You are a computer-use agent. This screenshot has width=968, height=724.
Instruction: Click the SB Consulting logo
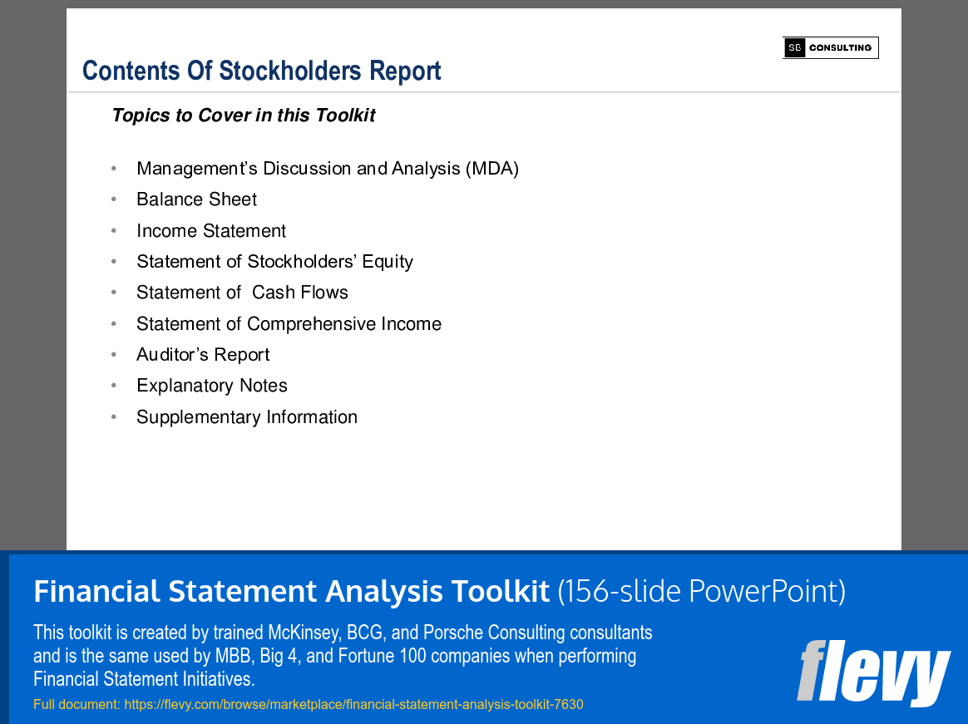[830, 48]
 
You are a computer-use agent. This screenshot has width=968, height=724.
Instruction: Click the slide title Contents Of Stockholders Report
[261, 71]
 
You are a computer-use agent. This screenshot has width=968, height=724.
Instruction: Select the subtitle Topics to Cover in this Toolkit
[243, 116]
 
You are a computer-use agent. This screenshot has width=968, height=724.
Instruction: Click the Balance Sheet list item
[196, 199]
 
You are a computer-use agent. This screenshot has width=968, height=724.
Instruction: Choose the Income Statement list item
[211, 231]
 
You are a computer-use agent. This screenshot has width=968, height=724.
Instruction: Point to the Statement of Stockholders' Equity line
[274, 262]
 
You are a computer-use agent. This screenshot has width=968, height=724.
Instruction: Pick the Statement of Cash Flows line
[242, 293]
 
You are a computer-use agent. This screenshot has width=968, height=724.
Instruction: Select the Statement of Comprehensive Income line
[289, 324]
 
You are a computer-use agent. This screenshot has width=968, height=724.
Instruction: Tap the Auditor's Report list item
[203, 355]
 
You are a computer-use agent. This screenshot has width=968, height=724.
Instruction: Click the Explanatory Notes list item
[212, 386]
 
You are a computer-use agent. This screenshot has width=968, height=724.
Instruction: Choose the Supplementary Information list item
[247, 417]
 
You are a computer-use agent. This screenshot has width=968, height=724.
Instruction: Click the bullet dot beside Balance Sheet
[114, 200]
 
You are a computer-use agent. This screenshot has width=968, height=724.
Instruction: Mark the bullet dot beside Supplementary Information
[114, 418]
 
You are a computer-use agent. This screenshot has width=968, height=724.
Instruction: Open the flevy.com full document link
[353, 705]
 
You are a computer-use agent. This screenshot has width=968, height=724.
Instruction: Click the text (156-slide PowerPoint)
[701, 592]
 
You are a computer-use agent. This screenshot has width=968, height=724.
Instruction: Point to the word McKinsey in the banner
[303, 633]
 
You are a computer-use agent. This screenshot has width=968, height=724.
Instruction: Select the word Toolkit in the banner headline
[501, 592]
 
